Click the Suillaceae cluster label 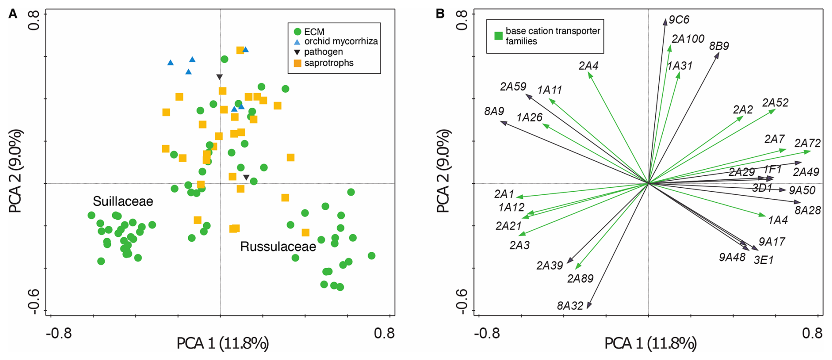(x=123, y=201)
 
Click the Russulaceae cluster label (x=278, y=247)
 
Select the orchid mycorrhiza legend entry (x=341, y=41)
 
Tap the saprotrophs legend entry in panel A (x=328, y=63)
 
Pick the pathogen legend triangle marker (x=297, y=52)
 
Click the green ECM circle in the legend (x=297, y=32)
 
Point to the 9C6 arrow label (x=679, y=20)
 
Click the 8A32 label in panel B (x=570, y=305)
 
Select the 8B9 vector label (x=719, y=46)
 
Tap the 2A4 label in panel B (x=588, y=66)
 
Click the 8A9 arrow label (x=494, y=111)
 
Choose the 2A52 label (x=775, y=103)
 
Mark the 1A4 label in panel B (x=777, y=220)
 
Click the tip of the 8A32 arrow (x=588, y=308)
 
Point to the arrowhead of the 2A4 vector (x=589, y=73)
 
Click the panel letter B (x=440, y=14)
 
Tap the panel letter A (x=13, y=14)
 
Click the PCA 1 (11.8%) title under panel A (x=223, y=343)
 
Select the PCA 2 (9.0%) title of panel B (x=443, y=171)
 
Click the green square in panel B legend (x=498, y=36)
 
